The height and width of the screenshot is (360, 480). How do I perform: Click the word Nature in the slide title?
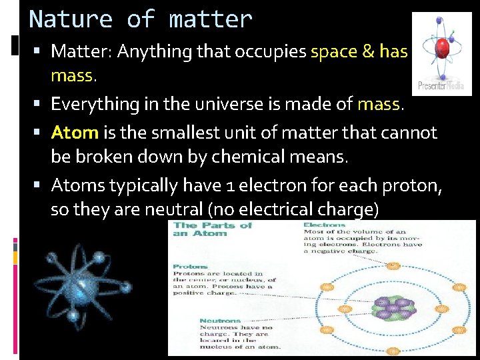coord(71,19)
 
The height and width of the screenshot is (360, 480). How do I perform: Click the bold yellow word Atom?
coord(75,132)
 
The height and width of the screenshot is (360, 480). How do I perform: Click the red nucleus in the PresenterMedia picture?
coord(441,49)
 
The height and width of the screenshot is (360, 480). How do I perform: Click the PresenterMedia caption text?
coord(441,85)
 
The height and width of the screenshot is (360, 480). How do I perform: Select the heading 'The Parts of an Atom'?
coord(212,229)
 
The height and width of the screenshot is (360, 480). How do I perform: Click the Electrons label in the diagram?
coord(323,227)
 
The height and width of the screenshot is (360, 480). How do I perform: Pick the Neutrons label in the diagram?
coord(218,313)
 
